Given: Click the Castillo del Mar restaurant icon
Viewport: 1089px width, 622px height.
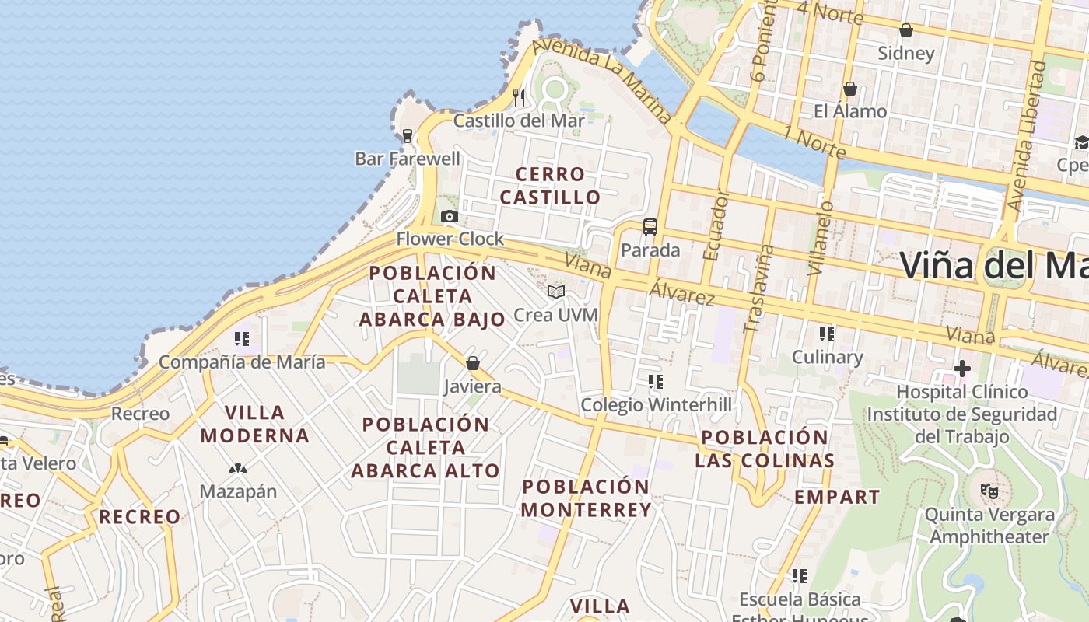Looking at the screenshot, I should point(519,97).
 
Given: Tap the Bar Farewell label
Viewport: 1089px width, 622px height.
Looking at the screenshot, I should point(408,159).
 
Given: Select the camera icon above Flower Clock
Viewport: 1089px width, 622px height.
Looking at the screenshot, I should point(450,217).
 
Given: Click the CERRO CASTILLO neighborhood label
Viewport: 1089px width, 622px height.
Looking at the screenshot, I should point(550,186).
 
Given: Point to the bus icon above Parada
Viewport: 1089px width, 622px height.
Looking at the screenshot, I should point(650,227).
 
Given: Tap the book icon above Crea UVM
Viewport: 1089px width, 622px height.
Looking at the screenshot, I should point(555,292).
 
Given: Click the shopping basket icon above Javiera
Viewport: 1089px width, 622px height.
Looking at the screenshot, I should point(472,363).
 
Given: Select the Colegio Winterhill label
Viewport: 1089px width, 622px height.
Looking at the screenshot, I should point(657,405).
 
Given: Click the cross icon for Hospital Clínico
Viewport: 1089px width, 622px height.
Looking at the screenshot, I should point(962,368).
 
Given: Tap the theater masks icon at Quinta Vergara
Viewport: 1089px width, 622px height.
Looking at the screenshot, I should point(989,491).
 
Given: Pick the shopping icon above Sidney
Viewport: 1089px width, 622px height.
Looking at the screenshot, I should point(905,30).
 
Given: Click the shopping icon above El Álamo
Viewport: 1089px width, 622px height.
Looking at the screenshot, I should point(850,89).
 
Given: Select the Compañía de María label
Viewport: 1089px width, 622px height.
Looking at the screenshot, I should point(242,362).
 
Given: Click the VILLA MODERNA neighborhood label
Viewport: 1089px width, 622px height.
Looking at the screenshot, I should point(255,424).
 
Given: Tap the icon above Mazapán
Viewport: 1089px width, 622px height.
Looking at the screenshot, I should point(238,469).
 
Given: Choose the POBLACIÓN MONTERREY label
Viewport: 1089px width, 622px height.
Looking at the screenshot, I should point(586,498).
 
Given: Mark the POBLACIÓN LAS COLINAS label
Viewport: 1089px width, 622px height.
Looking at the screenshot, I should point(764,449).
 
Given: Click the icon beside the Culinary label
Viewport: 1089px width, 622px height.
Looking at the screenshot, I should point(827,334).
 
